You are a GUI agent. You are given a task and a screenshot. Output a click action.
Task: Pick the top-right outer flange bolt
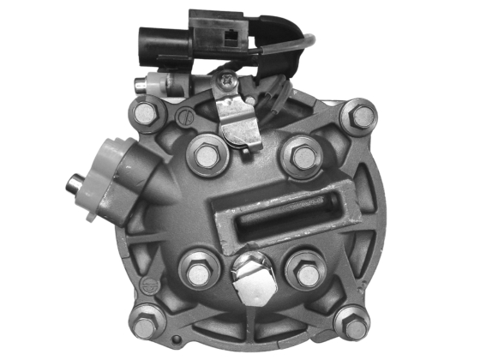(x=362, y=115)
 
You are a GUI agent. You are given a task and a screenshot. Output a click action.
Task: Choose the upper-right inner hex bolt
(x=302, y=156)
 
